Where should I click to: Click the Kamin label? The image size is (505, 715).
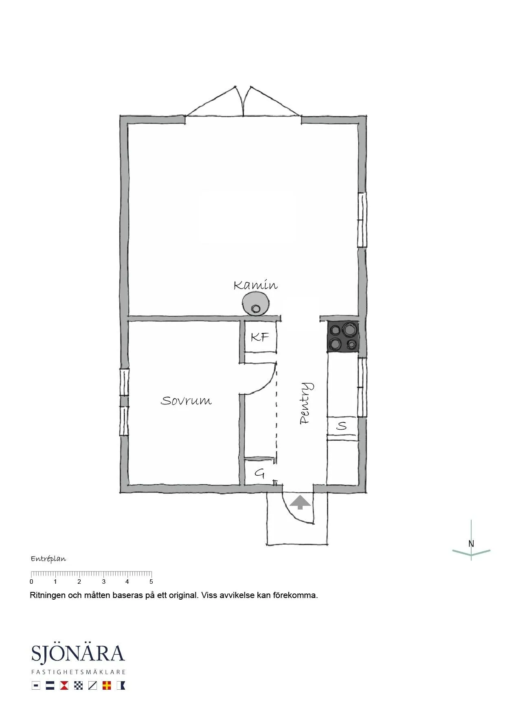(x=255, y=285)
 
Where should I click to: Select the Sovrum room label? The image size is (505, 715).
(x=186, y=401)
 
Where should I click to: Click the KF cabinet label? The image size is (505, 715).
(x=260, y=337)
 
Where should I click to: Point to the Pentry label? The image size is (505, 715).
(x=306, y=404)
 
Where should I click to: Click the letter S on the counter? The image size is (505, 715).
(x=342, y=426)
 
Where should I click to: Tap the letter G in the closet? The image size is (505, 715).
(x=259, y=473)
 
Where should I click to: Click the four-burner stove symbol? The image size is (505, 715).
(x=343, y=337)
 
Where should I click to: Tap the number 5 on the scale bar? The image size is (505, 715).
(x=151, y=582)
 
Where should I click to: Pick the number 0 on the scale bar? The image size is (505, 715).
(x=32, y=582)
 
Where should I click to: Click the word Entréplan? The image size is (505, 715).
(x=48, y=559)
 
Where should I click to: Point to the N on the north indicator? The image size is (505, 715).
(x=471, y=544)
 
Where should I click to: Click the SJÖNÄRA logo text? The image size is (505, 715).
(x=78, y=653)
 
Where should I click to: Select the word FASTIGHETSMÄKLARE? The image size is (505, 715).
(x=78, y=672)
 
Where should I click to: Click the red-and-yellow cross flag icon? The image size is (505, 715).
(x=107, y=686)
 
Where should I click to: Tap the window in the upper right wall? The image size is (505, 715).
(x=362, y=220)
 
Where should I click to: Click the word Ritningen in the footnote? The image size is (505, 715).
(x=48, y=595)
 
